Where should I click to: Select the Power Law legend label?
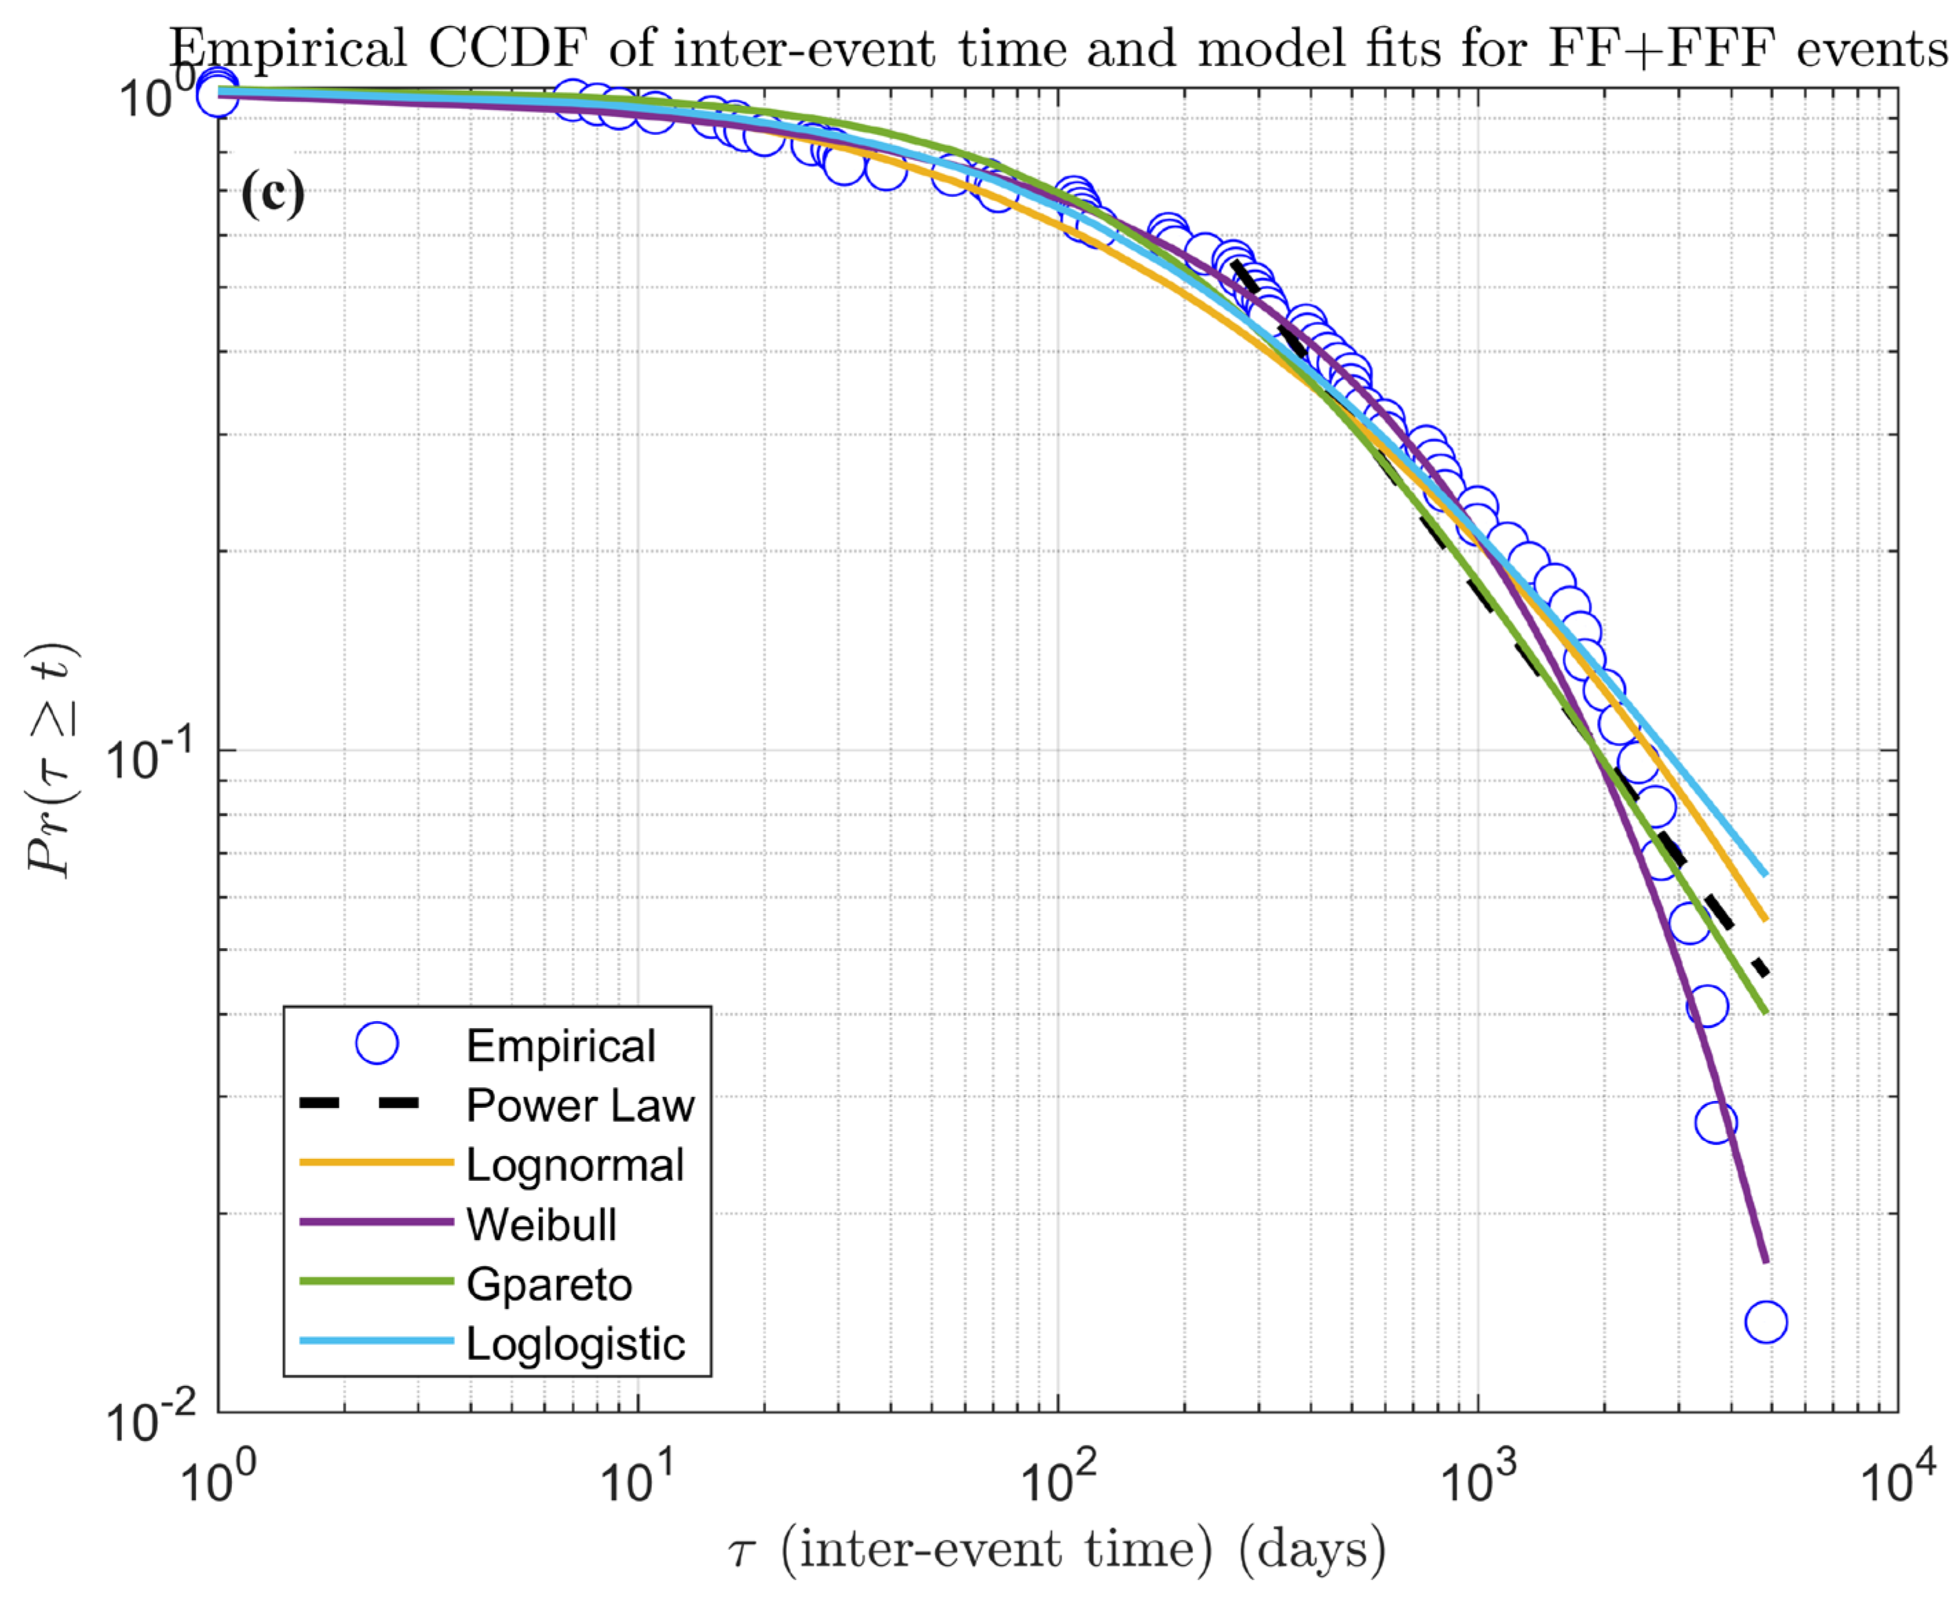[x=580, y=1105]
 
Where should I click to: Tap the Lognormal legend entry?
[x=574, y=1165]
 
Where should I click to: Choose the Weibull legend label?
[x=541, y=1224]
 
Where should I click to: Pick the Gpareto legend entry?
[x=549, y=1284]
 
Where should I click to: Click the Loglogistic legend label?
[x=575, y=1343]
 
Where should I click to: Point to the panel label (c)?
[x=273, y=194]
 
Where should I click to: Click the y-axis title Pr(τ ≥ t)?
[x=54, y=760]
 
